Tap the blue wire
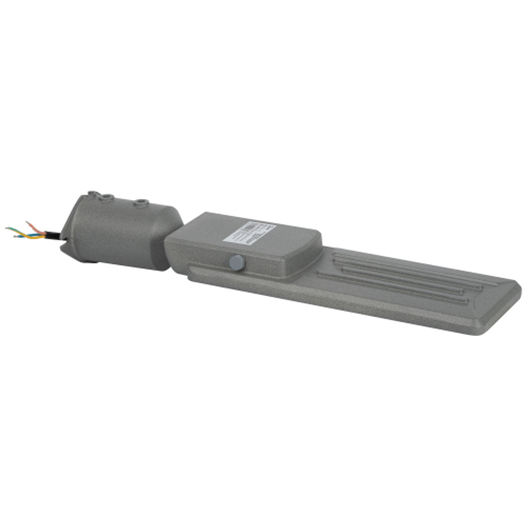coord(32,236)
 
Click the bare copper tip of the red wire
coord(28,223)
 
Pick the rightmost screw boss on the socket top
coord(141,202)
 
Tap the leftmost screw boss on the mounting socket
coord(93,194)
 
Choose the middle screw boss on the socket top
coord(107,197)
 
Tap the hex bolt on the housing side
coord(237,262)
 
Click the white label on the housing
coord(250,232)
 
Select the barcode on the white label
coord(247,229)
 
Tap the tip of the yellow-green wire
coord(7,229)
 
